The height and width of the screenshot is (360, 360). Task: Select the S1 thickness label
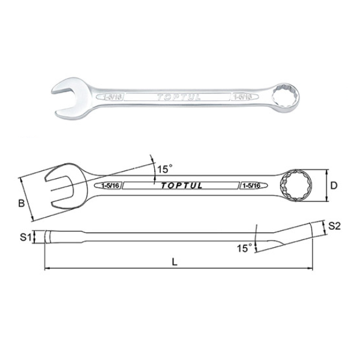(25, 238)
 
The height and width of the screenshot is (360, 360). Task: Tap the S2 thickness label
(335, 226)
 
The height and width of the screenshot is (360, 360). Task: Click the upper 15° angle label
(164, 169)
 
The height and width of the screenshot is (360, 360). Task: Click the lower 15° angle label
(242, 247)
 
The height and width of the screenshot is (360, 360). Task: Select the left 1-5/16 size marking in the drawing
(112, 186)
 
